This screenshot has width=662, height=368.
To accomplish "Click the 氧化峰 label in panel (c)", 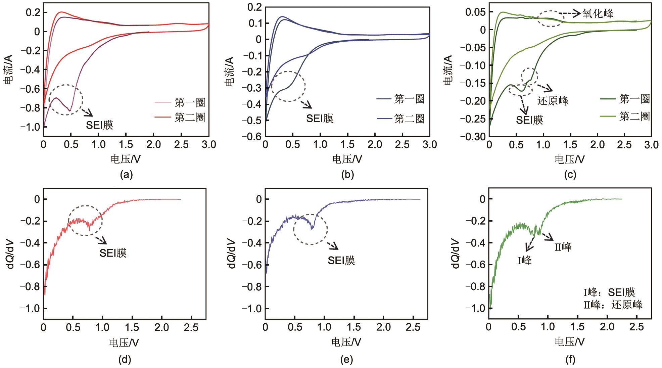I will click(x=598, y=13).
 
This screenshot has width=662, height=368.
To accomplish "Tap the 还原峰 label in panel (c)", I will click(x=553, y=101).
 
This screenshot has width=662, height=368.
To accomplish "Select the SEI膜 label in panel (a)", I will click(x=100, y=125).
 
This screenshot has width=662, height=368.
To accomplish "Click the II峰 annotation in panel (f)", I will click(x=563, y=247).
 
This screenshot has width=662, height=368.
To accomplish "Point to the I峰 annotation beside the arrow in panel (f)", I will click(x=524, y=260).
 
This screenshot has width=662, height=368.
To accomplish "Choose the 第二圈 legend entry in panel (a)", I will click(x=190, y=118).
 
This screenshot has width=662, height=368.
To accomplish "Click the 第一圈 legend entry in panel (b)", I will click(x=409, y=99).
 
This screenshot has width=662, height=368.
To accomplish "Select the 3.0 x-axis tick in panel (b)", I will click(x=429, y=145).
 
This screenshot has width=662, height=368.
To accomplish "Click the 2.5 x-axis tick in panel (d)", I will click(x=191, y=327).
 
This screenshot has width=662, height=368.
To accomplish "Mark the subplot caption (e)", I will click(x=347, y=360).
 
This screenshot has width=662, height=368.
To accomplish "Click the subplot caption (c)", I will click(x=570, y=175).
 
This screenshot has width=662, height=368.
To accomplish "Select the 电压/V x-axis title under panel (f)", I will click(x=570, y=342).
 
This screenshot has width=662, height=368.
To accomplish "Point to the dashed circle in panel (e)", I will click(x=311, y=229).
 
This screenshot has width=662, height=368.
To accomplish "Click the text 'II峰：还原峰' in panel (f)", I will click(x=613, y=305).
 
